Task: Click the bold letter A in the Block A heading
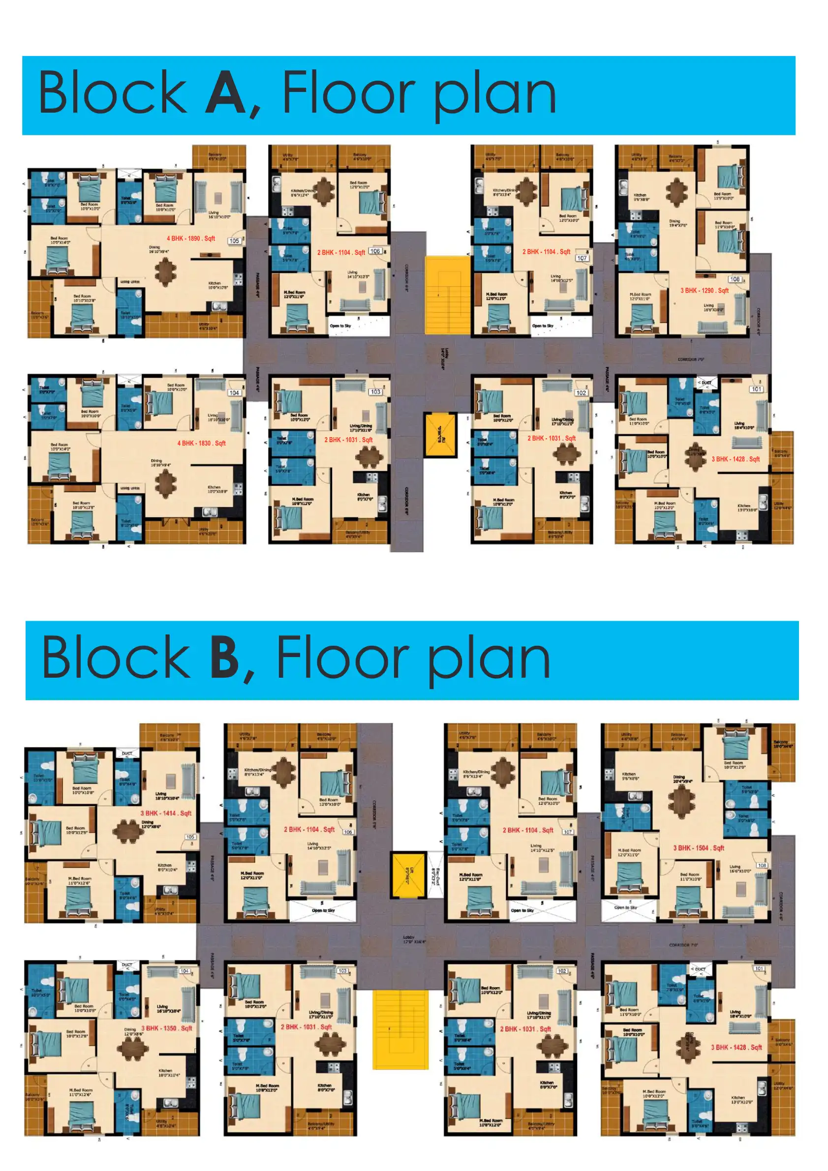(x=226, y=93)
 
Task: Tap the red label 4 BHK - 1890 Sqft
(x=191, y=239)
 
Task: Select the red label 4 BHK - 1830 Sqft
(x=201, y=443)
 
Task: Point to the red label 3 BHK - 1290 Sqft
(x=704, y=291)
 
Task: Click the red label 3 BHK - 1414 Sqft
(x=166, y=813)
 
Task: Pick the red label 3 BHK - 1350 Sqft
(x=166, y=1028)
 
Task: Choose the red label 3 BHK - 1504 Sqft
(x=699, y=848)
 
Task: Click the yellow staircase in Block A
(x=447, y=295)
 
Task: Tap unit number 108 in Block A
(x=735, y=279)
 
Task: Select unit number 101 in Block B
(x=759, y=968)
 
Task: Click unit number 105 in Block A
(x=234, y=240)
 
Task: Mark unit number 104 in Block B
(x=184, y=971)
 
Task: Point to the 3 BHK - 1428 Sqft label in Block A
(x=735, y=459)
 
